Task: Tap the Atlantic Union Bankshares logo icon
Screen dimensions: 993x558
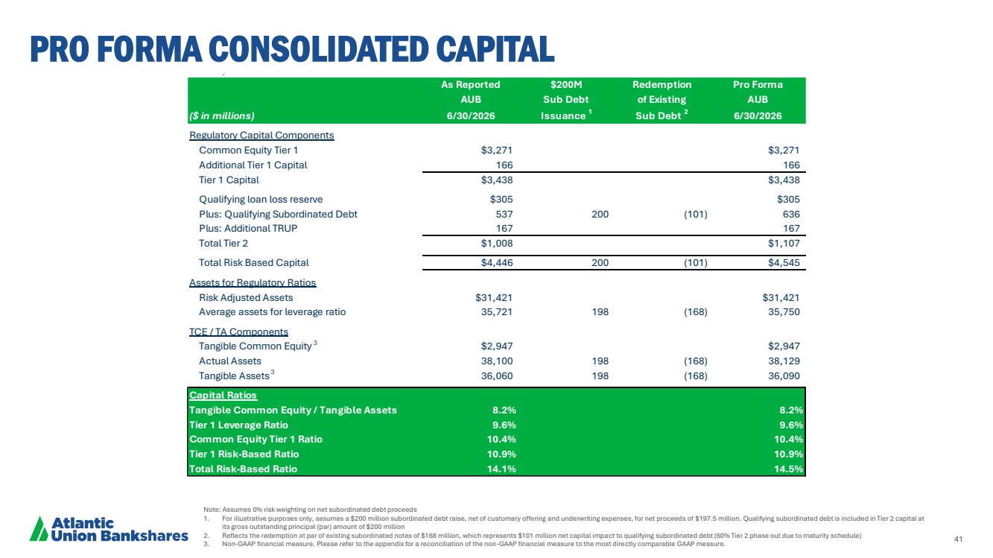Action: (x=39, y=529)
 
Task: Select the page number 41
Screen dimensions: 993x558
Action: (x=958, y=539)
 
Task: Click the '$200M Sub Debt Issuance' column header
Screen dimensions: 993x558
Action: (x=566, y=100)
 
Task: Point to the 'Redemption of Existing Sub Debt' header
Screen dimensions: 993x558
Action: (x=662, y=100)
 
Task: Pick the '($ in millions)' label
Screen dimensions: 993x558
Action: (x=222, y=115)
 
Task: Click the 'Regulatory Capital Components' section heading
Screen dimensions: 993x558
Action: (x=261, y=135)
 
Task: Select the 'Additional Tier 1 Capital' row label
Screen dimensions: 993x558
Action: (x=253, y=165)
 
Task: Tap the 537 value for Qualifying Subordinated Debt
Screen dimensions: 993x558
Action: (x=504, y=214)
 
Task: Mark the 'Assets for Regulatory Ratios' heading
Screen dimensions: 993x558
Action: (x=253, y=282)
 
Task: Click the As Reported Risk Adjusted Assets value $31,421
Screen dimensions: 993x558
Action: (x=494, y=297)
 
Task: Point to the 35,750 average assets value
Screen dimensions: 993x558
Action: (x=784, y=311)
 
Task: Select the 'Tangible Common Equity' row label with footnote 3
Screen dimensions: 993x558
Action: (x=258, y=346)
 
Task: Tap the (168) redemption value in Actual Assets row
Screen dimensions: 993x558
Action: (x=696, y=361)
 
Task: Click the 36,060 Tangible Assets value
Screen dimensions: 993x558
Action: (x=497, y=375)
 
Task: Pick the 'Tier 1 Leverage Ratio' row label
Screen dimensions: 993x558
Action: (x=238, y=425)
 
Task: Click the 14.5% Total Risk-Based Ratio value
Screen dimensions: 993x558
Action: (x=788, y=469)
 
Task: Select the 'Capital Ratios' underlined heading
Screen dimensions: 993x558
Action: (x=223, y=395)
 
